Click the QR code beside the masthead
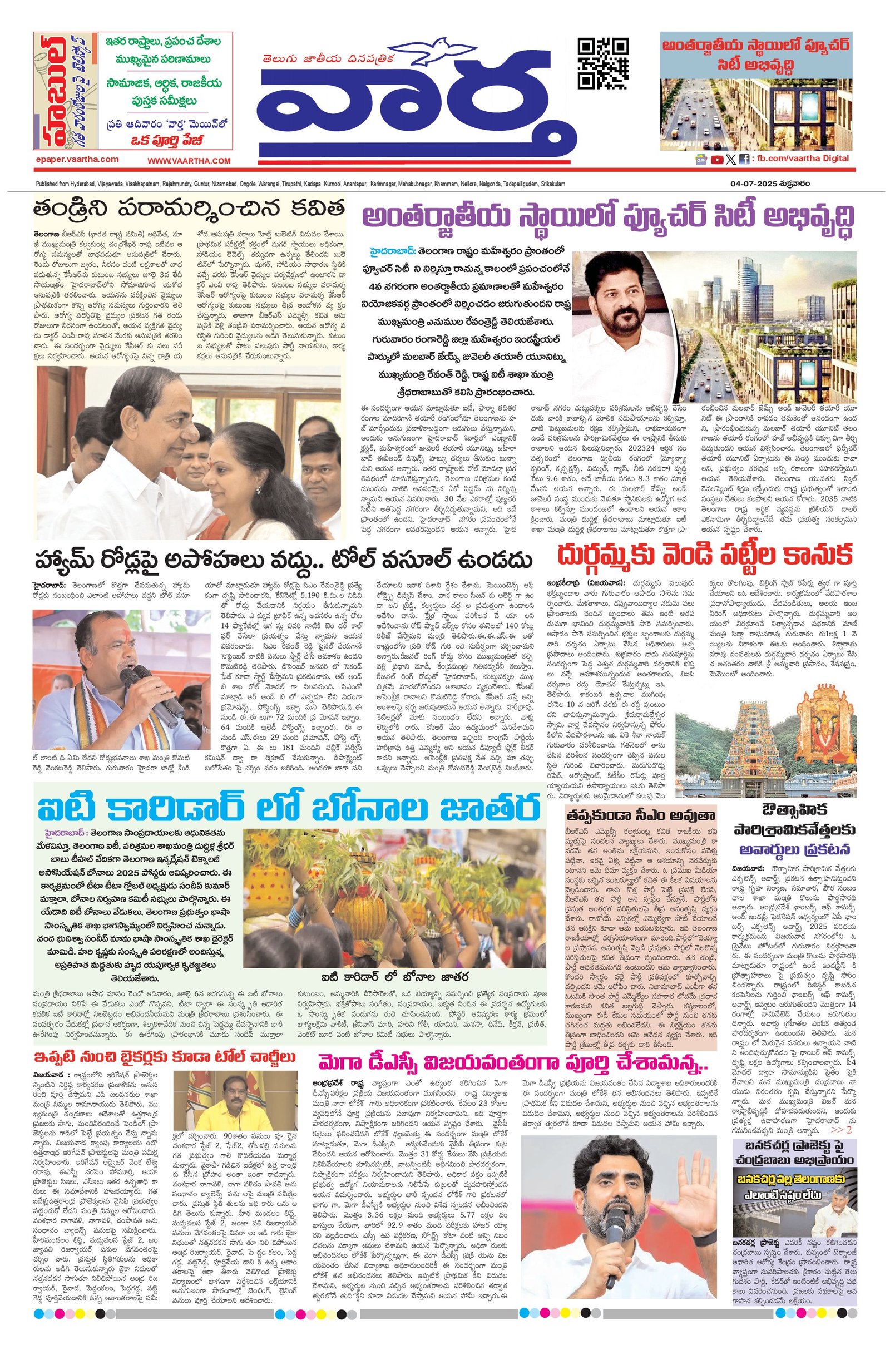click(x=603, y=63)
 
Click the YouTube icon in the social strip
click(x=717, y=160)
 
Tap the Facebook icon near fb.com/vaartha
click(x=744, y=160)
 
